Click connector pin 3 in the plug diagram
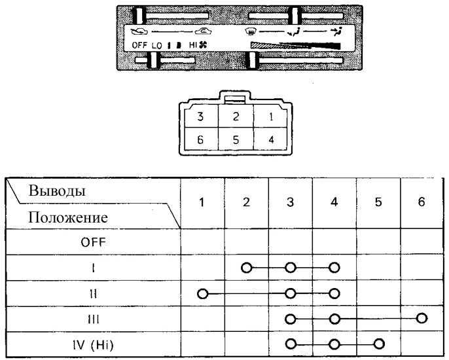click(x=200, y=117)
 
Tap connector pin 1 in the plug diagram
click(x=271, y=117)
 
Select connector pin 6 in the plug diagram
click(x=200, y=140)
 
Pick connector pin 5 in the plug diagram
click(x=236, y=140)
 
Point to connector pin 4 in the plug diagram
click(x=271, y=140)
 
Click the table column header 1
click(x=202, y=202)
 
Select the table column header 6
click(x=422, y=202)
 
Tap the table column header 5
click(x=378, y=202)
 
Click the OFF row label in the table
click(x=93, y=243)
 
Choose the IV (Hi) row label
click(x=93, y=345)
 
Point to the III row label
click(x=94, y=319)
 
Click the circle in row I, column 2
click(x=246, y=268)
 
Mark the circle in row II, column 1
click(x=202, y=293)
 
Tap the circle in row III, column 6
click(x=422, y=318)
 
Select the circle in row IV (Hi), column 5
click(x=378, y=344)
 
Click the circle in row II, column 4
click(x=334, y=293)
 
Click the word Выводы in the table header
click(x=57, y=190)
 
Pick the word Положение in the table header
click(x=68, y=217)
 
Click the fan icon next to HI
click(x=203, y=45)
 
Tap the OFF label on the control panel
click(x=139, y=45)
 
